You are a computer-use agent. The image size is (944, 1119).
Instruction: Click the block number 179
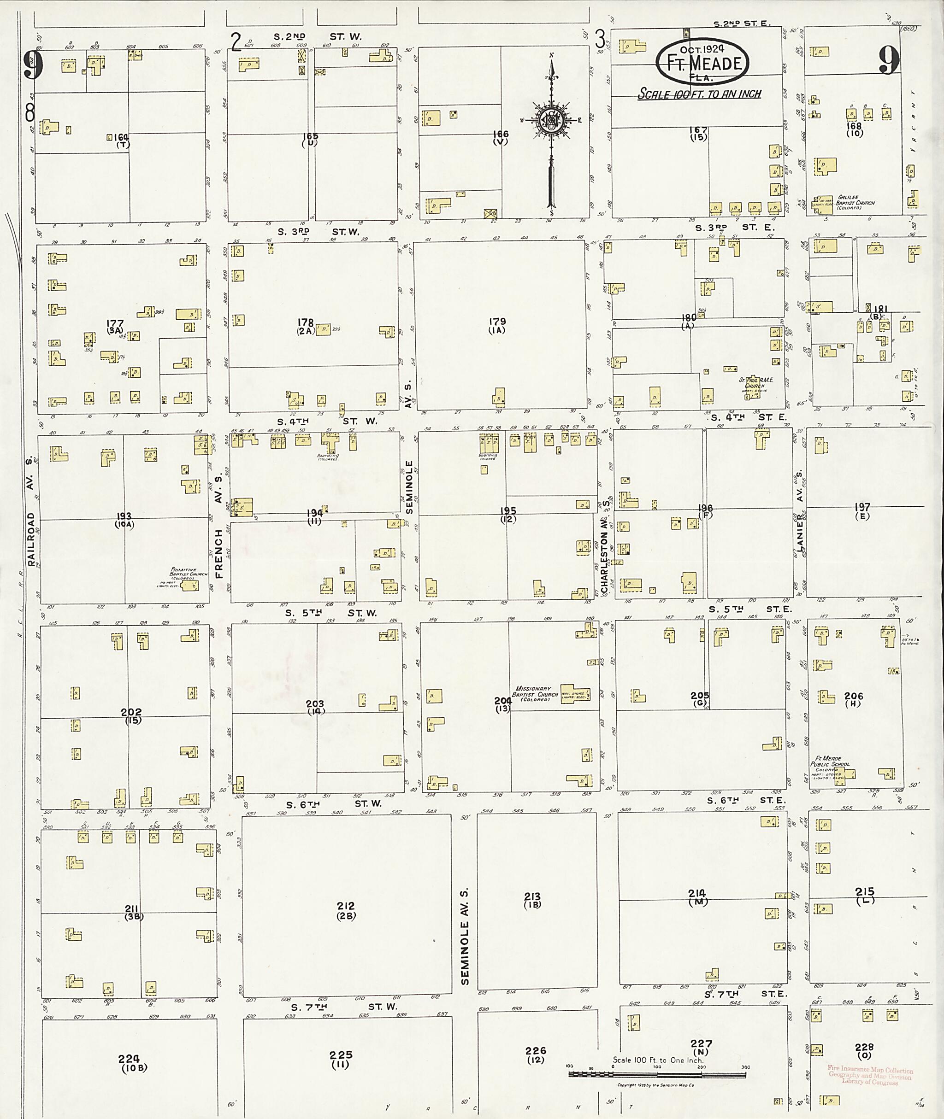coord(497,322)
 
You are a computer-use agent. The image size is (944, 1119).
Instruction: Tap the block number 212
coord(346,906)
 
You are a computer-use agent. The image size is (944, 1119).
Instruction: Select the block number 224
coord(129,1059)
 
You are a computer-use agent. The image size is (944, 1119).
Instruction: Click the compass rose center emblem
coord(551,120)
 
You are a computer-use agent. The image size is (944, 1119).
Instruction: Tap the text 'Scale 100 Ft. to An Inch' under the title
coord(699,94)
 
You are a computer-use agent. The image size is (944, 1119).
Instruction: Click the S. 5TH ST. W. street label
coord(330,612)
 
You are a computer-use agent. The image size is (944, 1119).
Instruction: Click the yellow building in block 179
coord(499,398)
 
